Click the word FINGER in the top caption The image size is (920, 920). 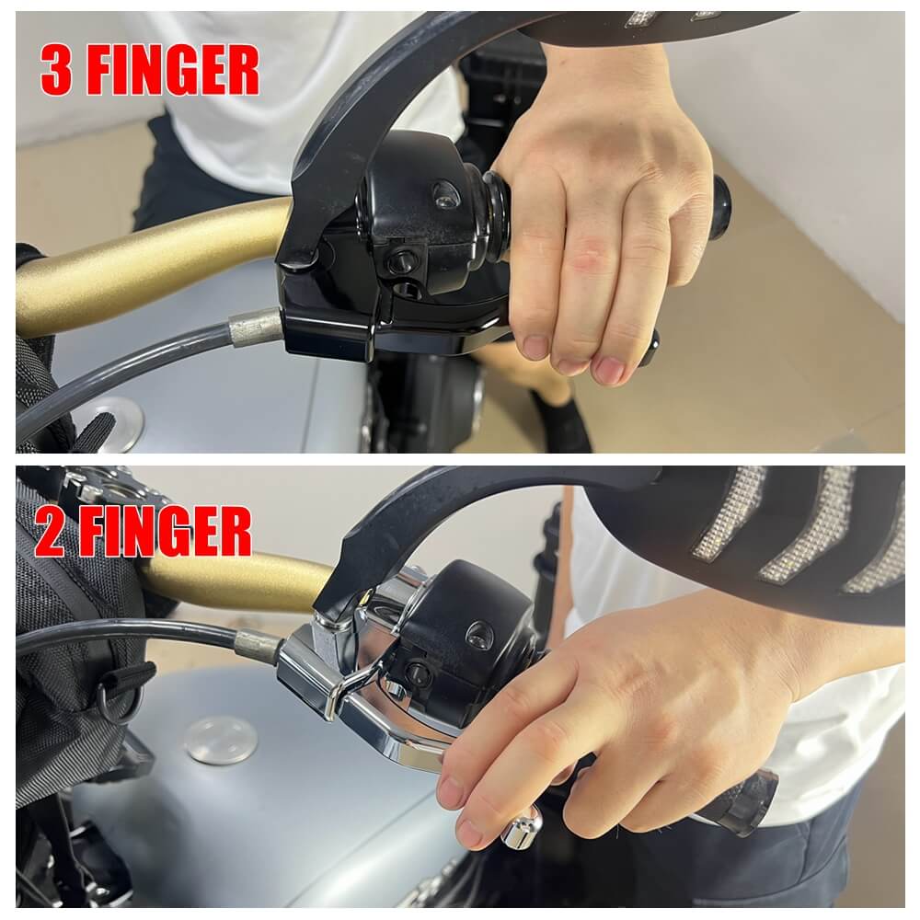173,71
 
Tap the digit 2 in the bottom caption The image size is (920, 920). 50,532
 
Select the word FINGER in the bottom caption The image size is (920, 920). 166,532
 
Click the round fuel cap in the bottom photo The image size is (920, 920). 221,741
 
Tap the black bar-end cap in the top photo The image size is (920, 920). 720,207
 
